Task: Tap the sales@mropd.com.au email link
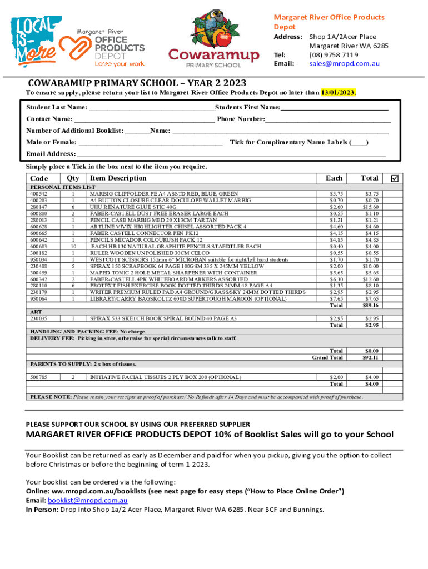344,63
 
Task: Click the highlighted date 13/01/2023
337,92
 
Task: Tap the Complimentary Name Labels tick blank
358,143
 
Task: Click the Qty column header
73,178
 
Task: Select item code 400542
38,194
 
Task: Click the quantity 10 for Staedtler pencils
73,246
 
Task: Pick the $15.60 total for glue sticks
371,207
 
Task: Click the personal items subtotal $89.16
371,305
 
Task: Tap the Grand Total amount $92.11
371,357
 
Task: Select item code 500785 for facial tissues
38,377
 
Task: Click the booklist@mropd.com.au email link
81,501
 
